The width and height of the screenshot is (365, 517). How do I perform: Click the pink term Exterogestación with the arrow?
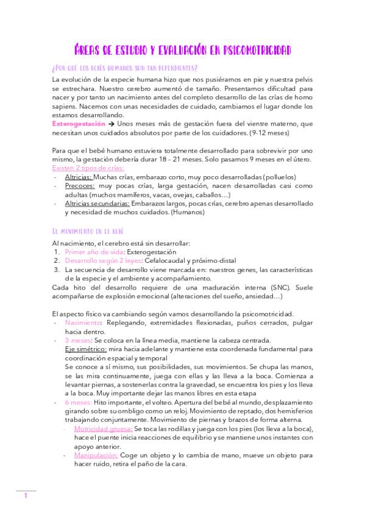point(82,124)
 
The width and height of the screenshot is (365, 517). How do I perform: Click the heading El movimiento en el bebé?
point(88,231)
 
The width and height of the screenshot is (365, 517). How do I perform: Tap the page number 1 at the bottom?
point(26,496)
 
